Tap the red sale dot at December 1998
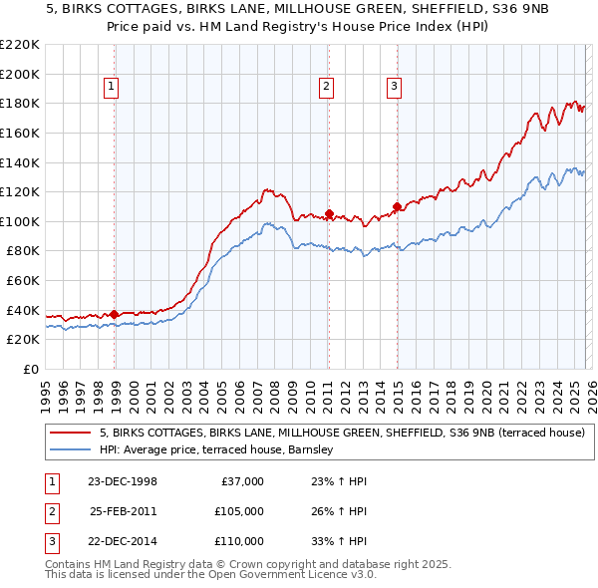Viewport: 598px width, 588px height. click(x=115, y=314)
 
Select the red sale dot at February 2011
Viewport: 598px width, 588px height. click(x=329, y=213)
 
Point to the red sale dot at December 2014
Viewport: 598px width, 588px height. click(x=397, y=206)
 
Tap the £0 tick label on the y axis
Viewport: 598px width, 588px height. click(x=29, y=369)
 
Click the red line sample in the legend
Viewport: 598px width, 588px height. click(x=70, y=434)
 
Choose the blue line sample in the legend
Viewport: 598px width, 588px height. click(x=70, y=450)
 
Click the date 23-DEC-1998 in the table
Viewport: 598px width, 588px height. click(x=122, y=481)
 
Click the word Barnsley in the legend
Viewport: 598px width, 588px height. click(x=318, y=450)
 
